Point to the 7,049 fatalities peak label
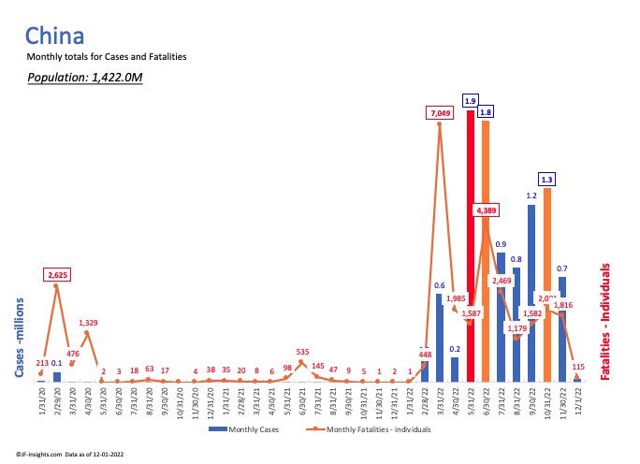coord(439,113)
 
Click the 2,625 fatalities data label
coord(57,275)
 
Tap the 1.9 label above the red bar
coord(471,101)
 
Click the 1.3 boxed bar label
coord(547,179)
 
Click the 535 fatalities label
coord(301,353)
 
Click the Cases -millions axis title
coord(19,338)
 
